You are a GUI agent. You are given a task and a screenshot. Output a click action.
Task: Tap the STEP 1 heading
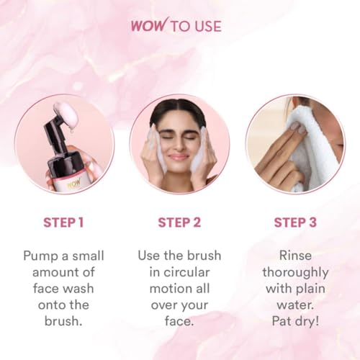63,222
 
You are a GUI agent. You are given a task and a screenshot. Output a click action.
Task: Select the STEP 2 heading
179,222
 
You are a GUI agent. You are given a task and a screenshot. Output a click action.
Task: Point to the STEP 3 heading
295,222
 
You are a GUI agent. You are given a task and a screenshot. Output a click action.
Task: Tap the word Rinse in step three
295,256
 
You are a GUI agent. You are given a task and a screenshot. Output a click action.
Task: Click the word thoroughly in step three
295,272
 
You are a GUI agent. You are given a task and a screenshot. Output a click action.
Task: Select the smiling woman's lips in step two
179,157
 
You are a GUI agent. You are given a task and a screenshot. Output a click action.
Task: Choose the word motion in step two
163,289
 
